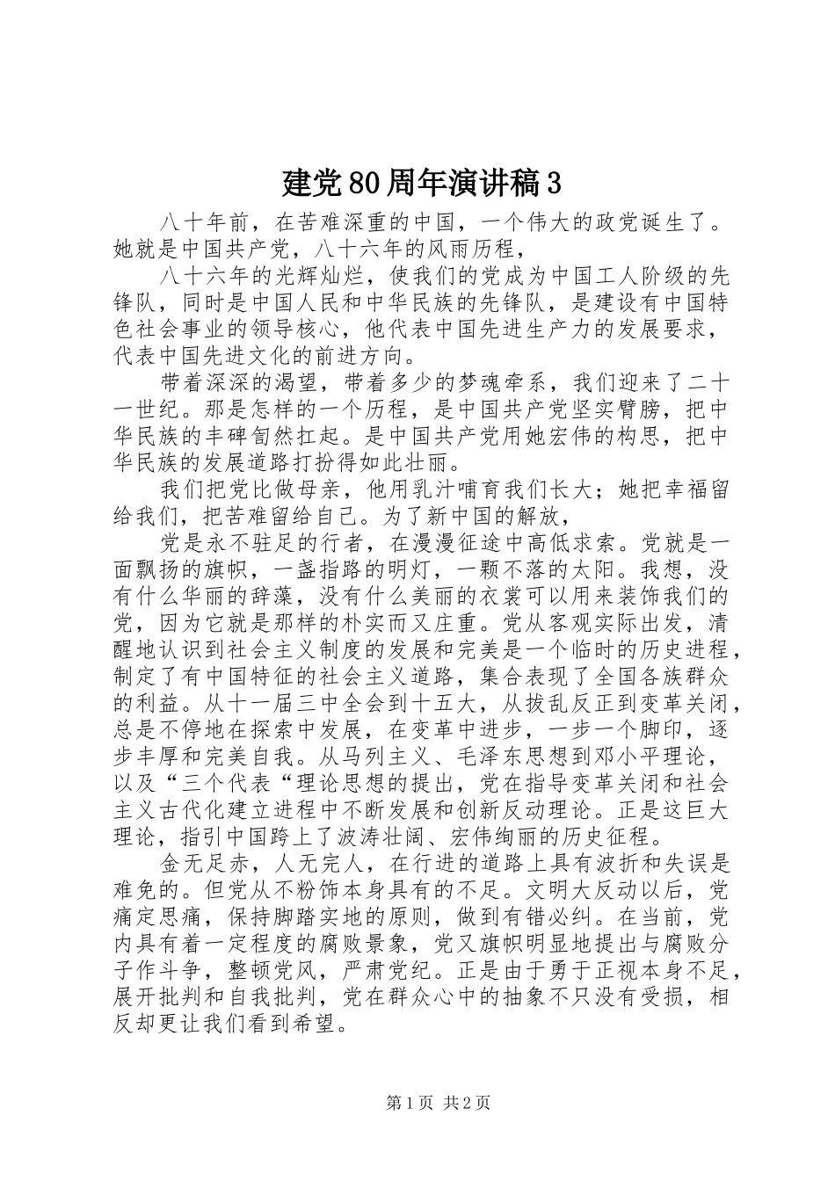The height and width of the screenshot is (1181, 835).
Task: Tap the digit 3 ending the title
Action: [x=553, y=184]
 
